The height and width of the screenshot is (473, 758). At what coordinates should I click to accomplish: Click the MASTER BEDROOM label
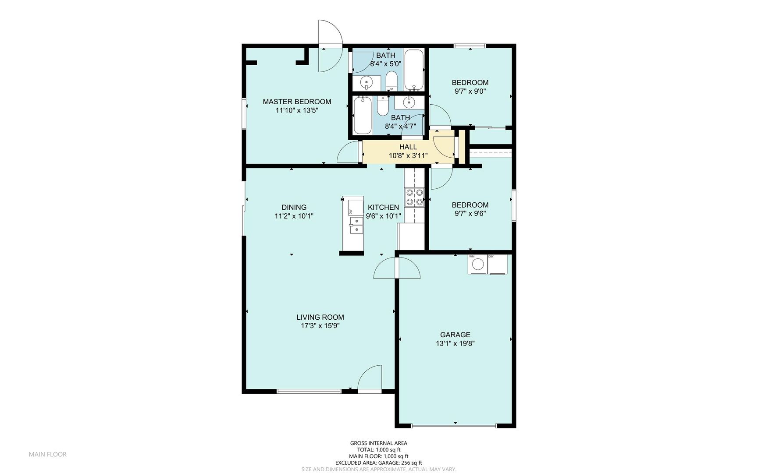pyautogui.click(x=297, y=102)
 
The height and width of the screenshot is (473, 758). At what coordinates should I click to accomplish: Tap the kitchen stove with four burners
pyautogui.click(x=414, y=197)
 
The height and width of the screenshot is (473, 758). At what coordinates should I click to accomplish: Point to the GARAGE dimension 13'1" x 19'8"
pyautogui.click(x=455, y=344)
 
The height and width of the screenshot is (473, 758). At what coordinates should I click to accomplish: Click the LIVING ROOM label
pyautogui.click(x=320, y=318)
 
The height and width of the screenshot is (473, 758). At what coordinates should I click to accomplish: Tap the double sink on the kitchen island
pyautogui.click(x=356, y=225)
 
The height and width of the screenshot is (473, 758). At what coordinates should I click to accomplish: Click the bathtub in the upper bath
pyautogui.click(x=413, y=70)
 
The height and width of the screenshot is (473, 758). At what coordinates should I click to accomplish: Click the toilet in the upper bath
pyautogui.click(x=391, y=81)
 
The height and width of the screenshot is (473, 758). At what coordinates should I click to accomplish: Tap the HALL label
pyautogui.click(x=408, y=147)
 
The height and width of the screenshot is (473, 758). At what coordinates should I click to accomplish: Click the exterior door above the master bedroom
pyautogui.click(x=330, y=46)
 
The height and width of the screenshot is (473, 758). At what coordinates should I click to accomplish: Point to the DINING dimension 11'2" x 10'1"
pyautogui.click(x=294, y=216)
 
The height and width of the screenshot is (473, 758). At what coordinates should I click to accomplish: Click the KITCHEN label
pyautogui.click(x=383, y=208)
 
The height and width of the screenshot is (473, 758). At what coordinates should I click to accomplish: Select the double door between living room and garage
pyautogui.click(x=397, y=268)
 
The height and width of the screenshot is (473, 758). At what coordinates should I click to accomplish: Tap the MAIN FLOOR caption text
pyautogui.click(x=48, y=454)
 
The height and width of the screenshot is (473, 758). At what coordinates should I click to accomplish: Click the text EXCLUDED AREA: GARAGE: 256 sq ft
pyautogui.click(x=378, y=462)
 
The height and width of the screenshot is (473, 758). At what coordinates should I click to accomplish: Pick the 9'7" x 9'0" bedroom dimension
pyautogui.click(x=470, y=92)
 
